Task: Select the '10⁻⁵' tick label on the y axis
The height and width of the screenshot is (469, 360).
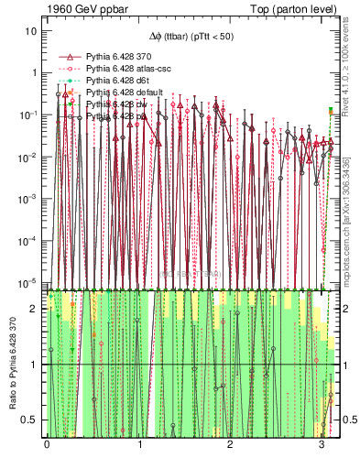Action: (30, 282)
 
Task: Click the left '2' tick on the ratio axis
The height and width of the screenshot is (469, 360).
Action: (36, 309)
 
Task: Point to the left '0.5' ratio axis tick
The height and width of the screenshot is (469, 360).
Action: (31, 420)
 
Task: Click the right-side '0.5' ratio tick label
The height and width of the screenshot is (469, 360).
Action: (348, 420)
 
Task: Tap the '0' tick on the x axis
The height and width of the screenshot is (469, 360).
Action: (47, 447)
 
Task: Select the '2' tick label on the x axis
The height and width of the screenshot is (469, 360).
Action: (231, 447)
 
